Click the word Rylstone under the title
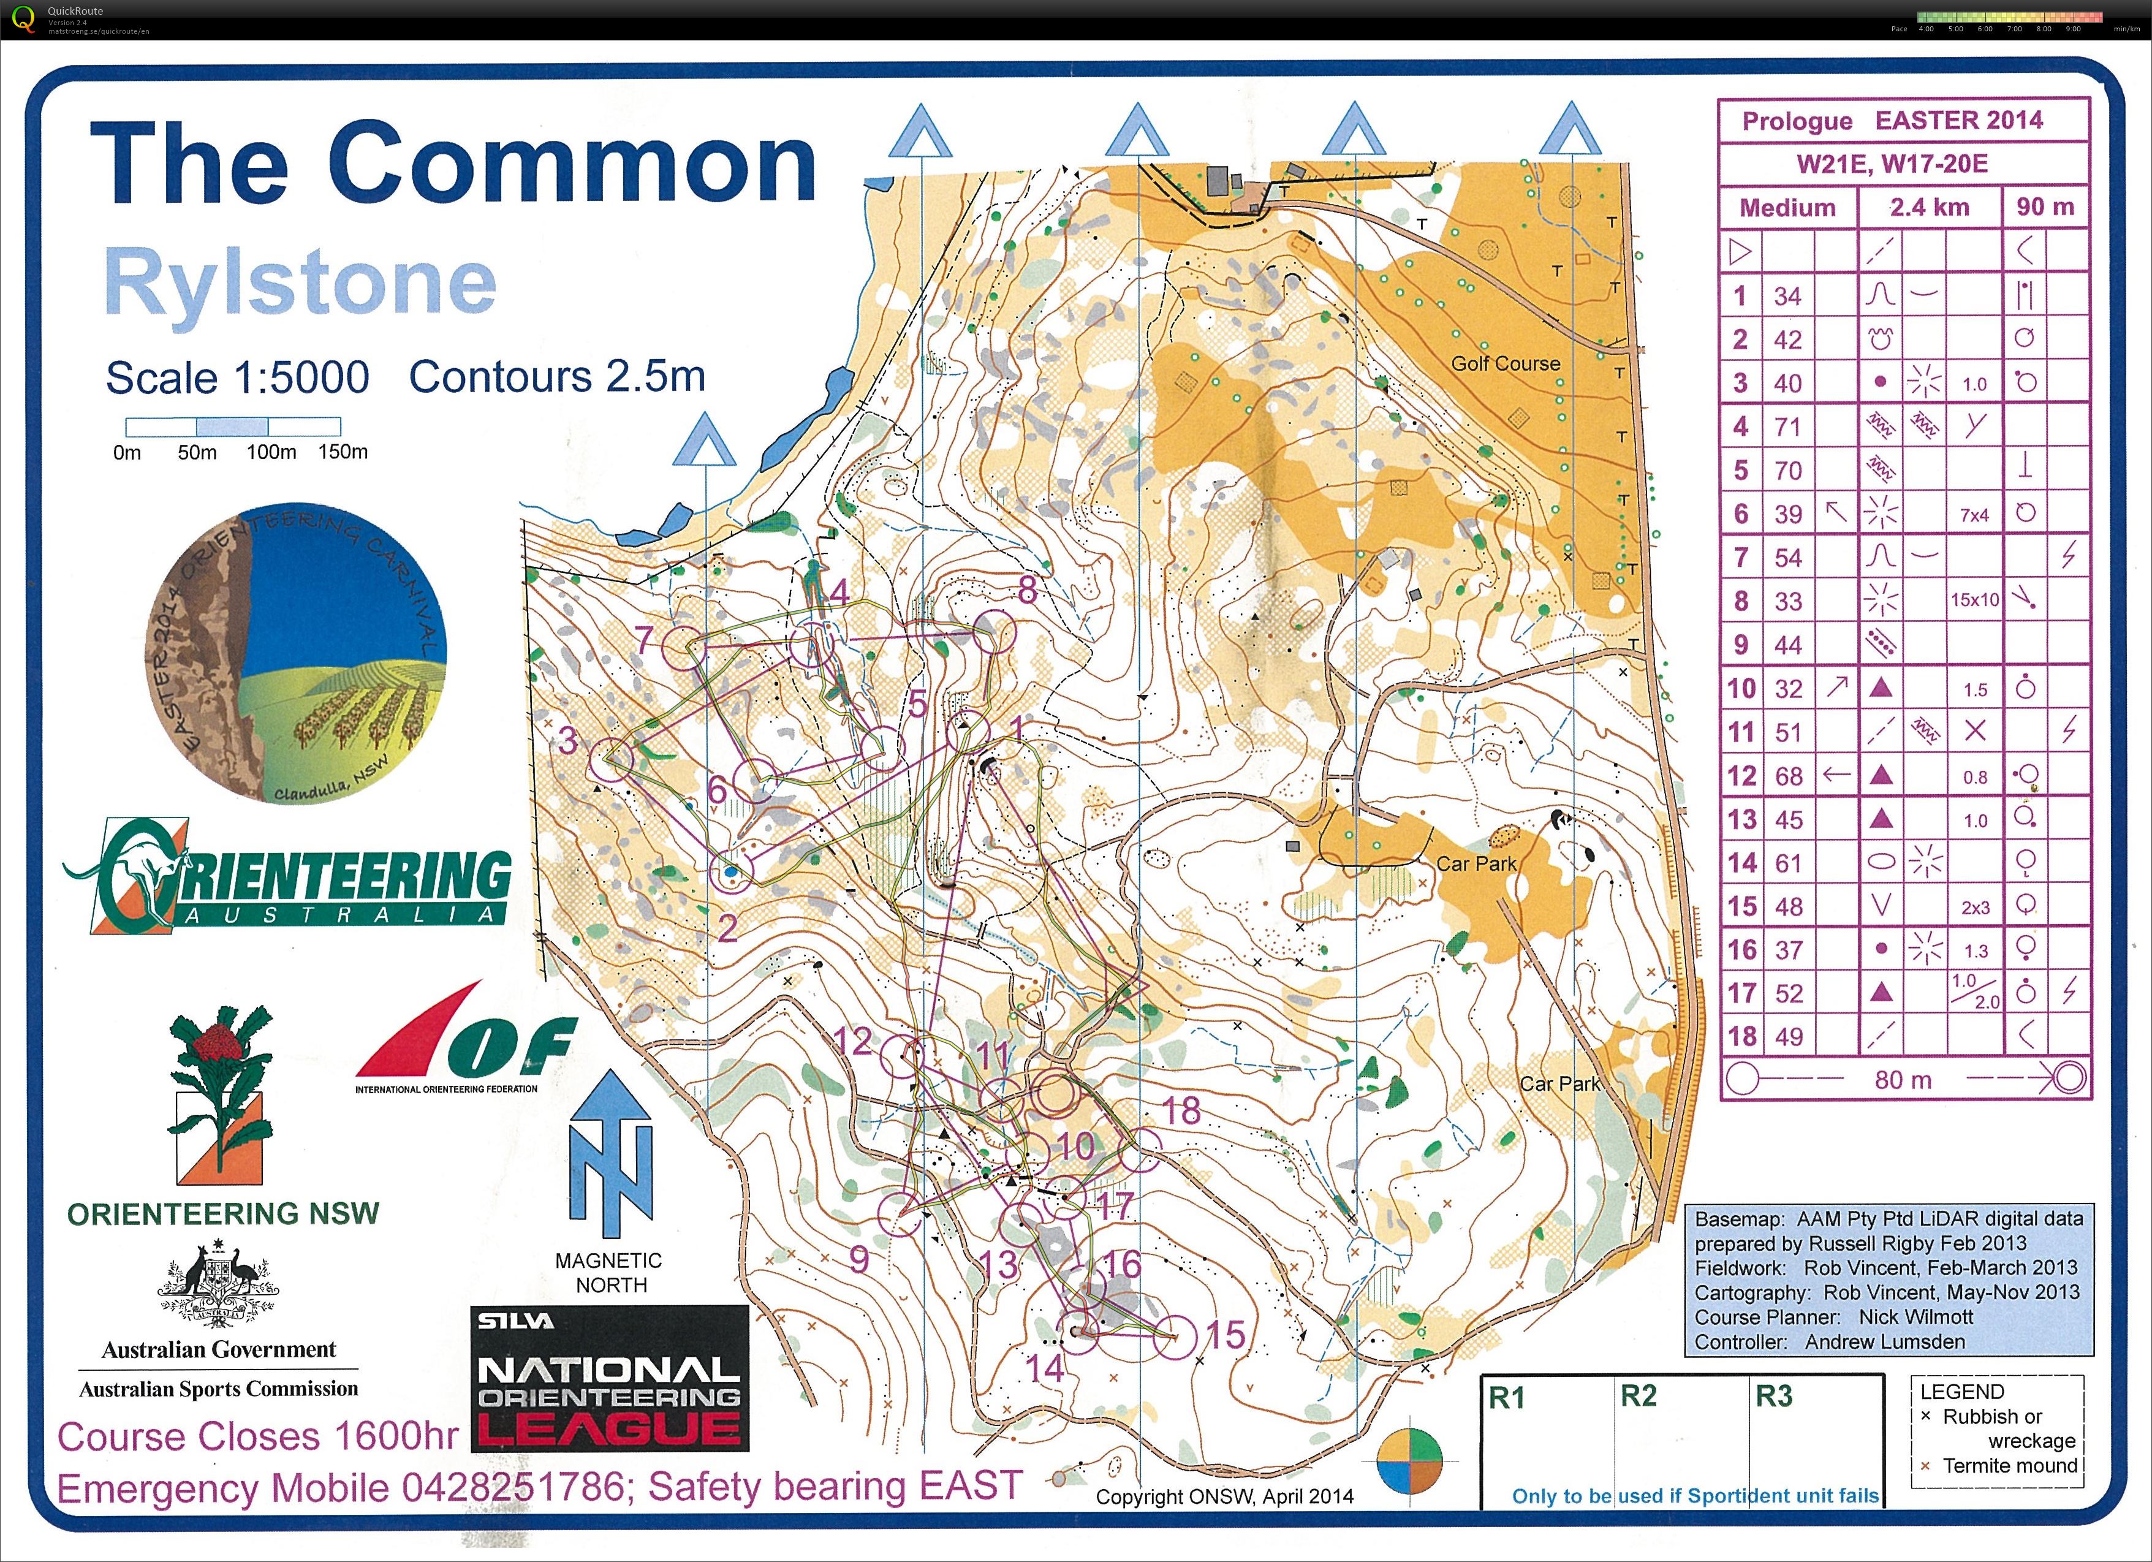coord(300,282)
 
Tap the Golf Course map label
coord(1505,363)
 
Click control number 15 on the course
coord(1224,1334)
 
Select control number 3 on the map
coord(567,739)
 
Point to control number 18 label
coord(1181,1110)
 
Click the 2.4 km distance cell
coord(1928,207)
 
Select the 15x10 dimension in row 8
coord(1974,601)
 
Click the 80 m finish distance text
coord(1903,1080)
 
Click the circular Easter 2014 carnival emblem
coord(296,653)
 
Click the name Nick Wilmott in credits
coord(1915,1317)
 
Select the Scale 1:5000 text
coord(237,377)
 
